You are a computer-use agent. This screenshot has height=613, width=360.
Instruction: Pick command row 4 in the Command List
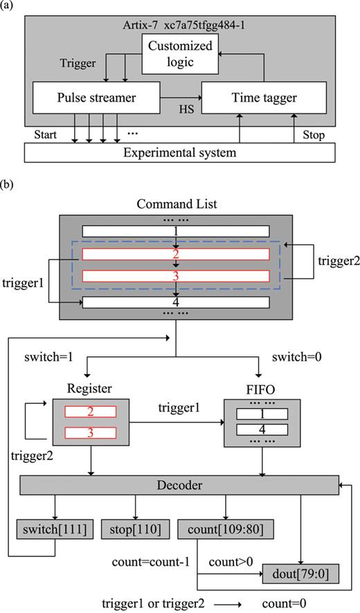[175, 302]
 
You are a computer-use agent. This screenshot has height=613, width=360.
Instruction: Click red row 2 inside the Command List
[175, 253]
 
